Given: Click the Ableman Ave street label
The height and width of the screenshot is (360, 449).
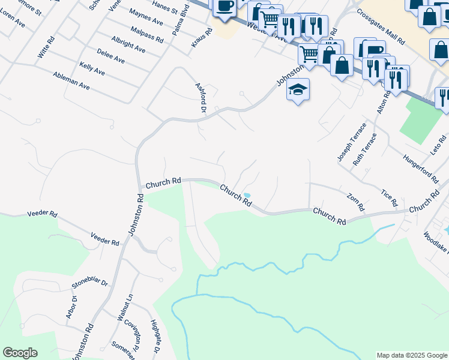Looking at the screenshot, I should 71,80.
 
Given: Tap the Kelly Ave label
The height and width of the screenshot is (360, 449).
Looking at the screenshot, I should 92,68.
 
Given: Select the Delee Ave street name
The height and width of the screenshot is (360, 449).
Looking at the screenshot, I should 110,56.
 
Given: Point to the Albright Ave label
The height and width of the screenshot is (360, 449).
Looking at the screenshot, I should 128,44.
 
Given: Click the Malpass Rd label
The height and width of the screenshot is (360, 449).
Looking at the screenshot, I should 147,34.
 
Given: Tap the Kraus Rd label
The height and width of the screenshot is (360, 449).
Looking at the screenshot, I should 202,38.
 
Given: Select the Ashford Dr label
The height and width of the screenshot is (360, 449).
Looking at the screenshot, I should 200,97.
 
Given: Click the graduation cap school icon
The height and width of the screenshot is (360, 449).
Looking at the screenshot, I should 298,90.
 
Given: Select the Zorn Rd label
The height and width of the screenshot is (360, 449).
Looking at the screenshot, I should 355,202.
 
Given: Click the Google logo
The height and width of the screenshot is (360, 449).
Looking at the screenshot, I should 20,353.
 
